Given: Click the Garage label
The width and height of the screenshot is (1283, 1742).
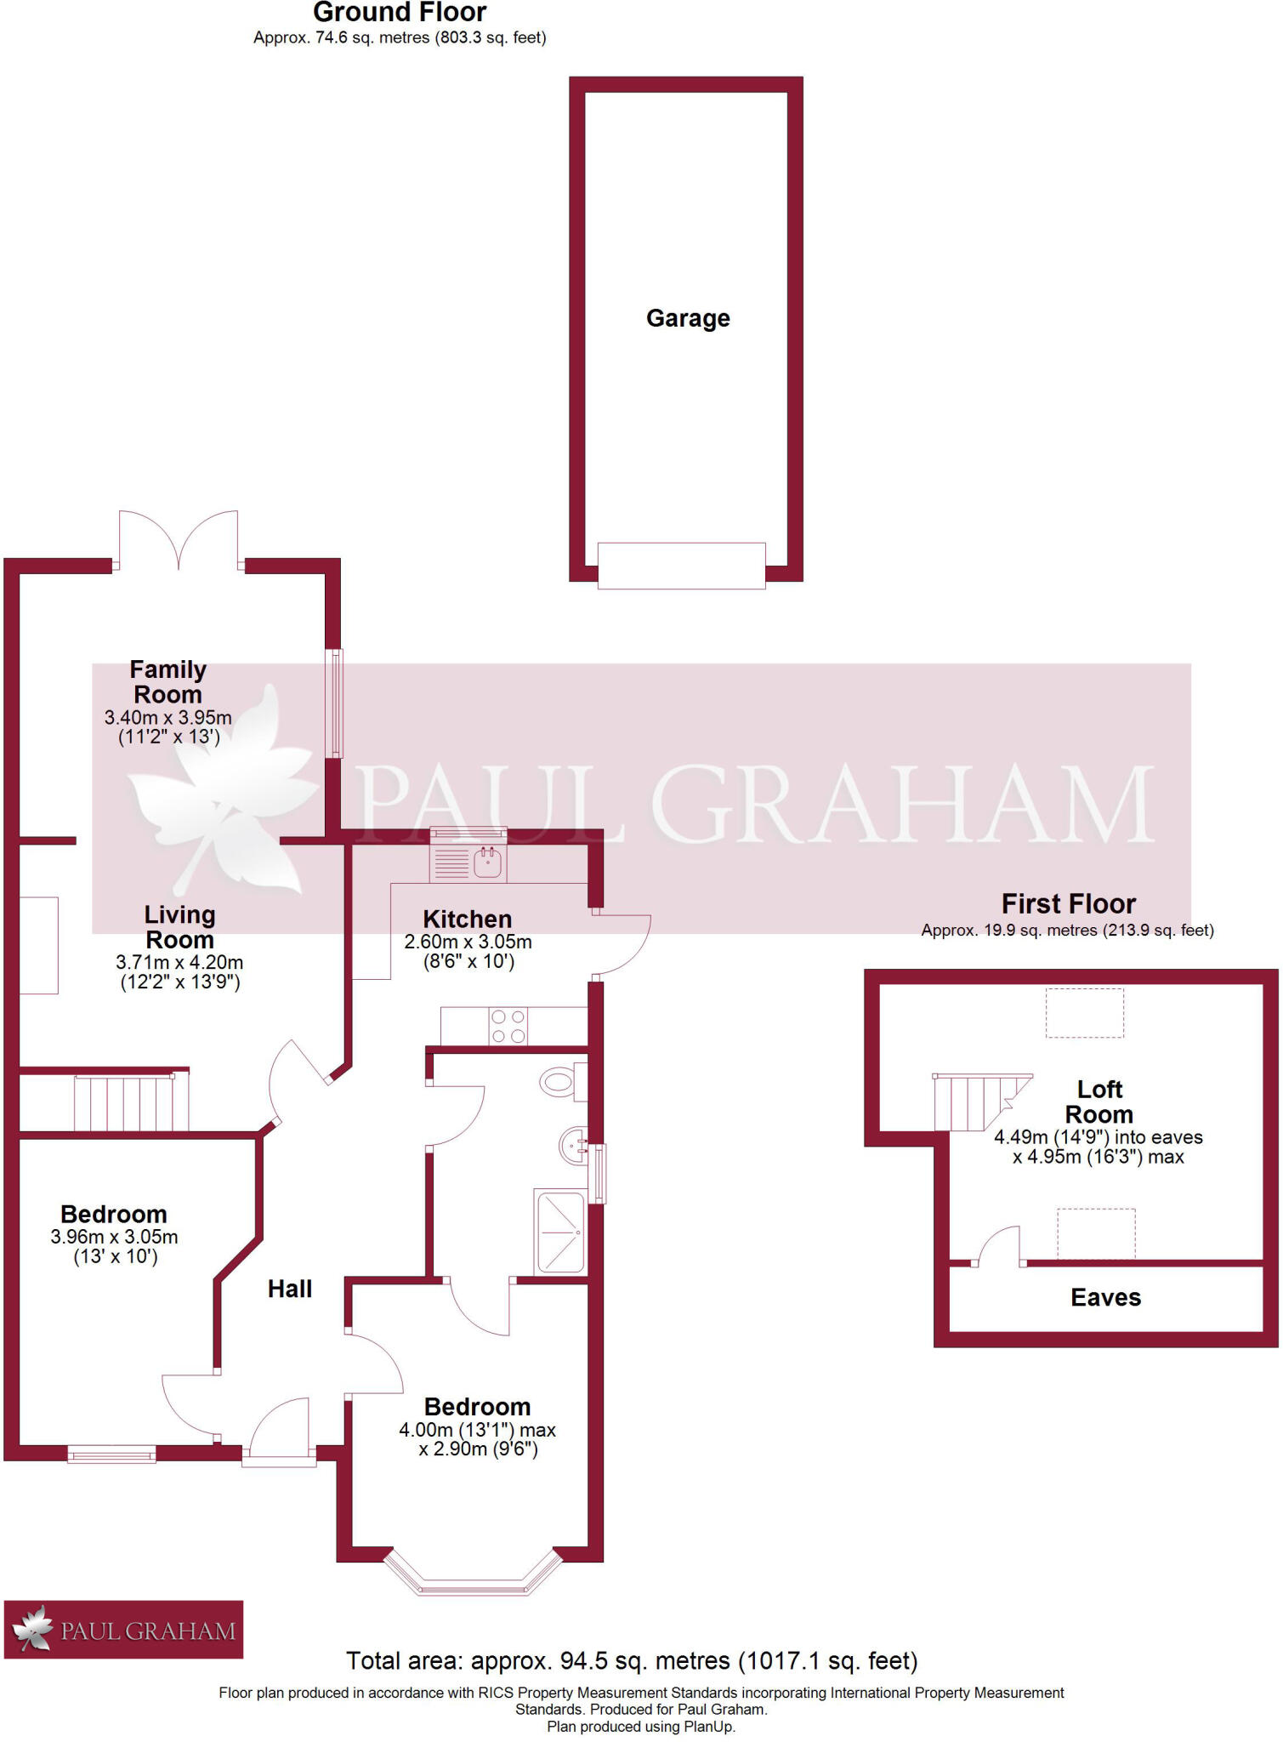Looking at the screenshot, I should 688,318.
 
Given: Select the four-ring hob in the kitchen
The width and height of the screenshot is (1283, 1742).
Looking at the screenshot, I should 508,1026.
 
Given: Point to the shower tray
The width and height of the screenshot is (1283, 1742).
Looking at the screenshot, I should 559,1232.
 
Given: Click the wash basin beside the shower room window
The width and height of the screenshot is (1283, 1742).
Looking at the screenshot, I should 573,1146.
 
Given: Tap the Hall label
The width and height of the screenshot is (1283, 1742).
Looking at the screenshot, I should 290,1289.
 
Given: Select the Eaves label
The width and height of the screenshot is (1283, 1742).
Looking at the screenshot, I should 1105,1298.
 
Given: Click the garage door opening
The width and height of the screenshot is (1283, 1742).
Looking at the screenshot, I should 681,566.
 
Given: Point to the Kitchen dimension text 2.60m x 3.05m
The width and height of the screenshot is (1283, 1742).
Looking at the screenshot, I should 468,942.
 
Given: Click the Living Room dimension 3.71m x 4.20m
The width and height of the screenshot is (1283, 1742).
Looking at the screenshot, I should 179,963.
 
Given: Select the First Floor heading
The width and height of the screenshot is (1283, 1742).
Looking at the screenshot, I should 1068,903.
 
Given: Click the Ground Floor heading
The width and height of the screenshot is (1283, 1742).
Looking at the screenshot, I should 400,13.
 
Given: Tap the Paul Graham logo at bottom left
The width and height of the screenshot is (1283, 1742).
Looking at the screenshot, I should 124,1630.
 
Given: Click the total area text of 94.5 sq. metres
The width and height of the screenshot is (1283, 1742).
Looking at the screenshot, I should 632,1660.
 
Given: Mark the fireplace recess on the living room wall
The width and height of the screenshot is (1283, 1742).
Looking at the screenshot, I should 38,945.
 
